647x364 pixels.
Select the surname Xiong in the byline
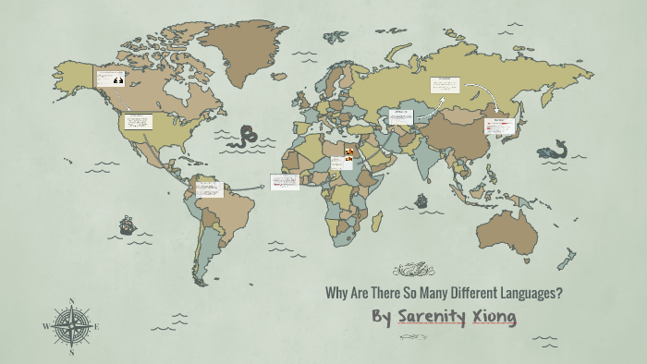494,318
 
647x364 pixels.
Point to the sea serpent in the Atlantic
246,137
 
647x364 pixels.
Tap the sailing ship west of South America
127,224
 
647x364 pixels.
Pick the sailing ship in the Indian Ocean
421,199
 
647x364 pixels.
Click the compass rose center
71,325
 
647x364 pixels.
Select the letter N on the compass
71,300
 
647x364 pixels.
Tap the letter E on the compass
96,325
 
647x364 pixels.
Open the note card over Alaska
110,78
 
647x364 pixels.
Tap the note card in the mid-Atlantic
285,182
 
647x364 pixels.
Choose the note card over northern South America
209,189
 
